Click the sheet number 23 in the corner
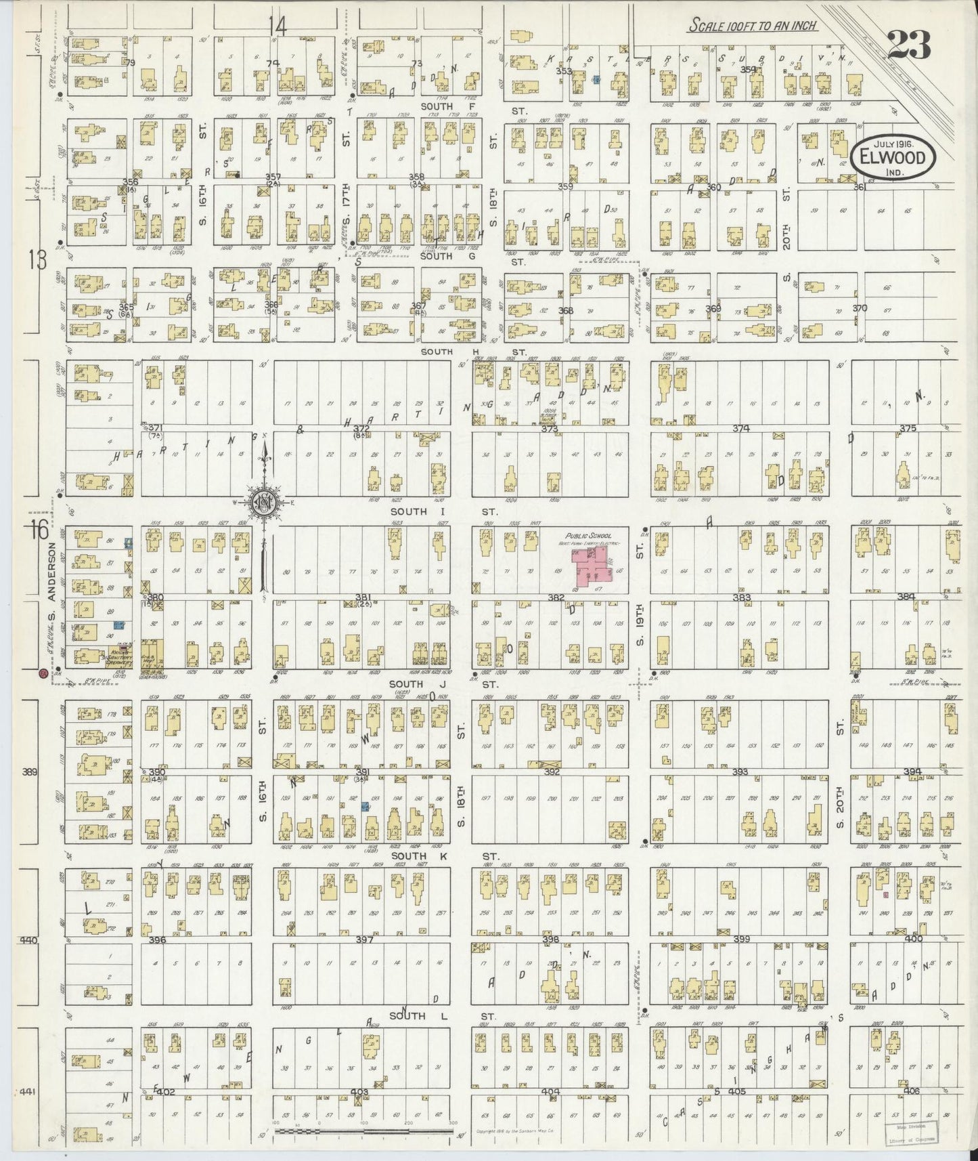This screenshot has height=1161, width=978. [x=908, y=46]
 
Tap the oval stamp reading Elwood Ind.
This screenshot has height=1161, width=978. [x=893, y=158]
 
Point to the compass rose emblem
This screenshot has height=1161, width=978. [x=262, y=503]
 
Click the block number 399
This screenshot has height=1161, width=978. [x=742, y=940]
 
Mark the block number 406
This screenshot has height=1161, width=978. [x=912, y=1091]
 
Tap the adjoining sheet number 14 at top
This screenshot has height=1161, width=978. [x=277, y=26]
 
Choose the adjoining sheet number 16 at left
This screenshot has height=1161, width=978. [x=39, y=530]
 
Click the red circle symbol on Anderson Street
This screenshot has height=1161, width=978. [x=43, y=673]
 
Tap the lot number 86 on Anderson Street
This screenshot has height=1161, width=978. [x=110, y=541]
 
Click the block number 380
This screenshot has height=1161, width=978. [x=156, y=597]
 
